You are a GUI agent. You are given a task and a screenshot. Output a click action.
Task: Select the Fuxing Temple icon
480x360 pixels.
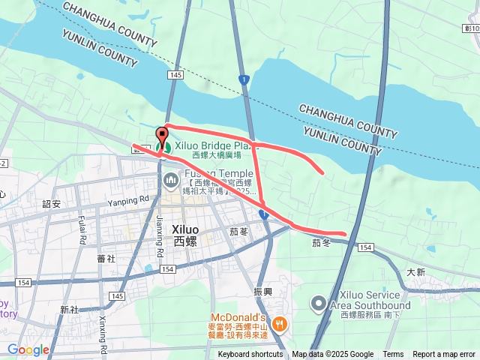pyautogui.click(x=171, y=179)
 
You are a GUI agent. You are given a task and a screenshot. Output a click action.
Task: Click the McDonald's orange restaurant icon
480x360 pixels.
pyautogui.click(x=279, y=324)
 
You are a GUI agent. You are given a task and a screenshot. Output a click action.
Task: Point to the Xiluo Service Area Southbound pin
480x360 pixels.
pyautogui.click(x=319, y=303)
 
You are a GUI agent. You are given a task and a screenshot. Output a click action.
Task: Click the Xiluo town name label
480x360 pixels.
pyautogui.click(x=185, y=235)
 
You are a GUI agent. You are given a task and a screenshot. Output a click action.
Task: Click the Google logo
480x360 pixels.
pyautogui.click(x=28, y=349)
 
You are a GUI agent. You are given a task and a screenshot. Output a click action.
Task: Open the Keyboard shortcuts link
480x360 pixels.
pyautogui.click(x=250, y=355)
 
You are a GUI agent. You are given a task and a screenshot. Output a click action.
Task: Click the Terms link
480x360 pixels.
pyautogui.click(x=393, y=355)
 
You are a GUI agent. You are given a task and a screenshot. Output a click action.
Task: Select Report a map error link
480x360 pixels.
pyautogui.click(x=444, y=355)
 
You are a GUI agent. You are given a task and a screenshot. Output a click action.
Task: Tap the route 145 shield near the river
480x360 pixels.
pyautogui.click(x=175, y=75)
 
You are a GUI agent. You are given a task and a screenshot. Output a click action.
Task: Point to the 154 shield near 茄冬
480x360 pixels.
pyautogui.click(x=365, y=247)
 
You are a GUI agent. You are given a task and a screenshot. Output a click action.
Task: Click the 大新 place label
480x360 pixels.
pyautogui.click(x=416, y=272)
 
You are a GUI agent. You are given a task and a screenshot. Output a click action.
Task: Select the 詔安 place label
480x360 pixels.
pyautogui.click(x=52, y=203)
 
